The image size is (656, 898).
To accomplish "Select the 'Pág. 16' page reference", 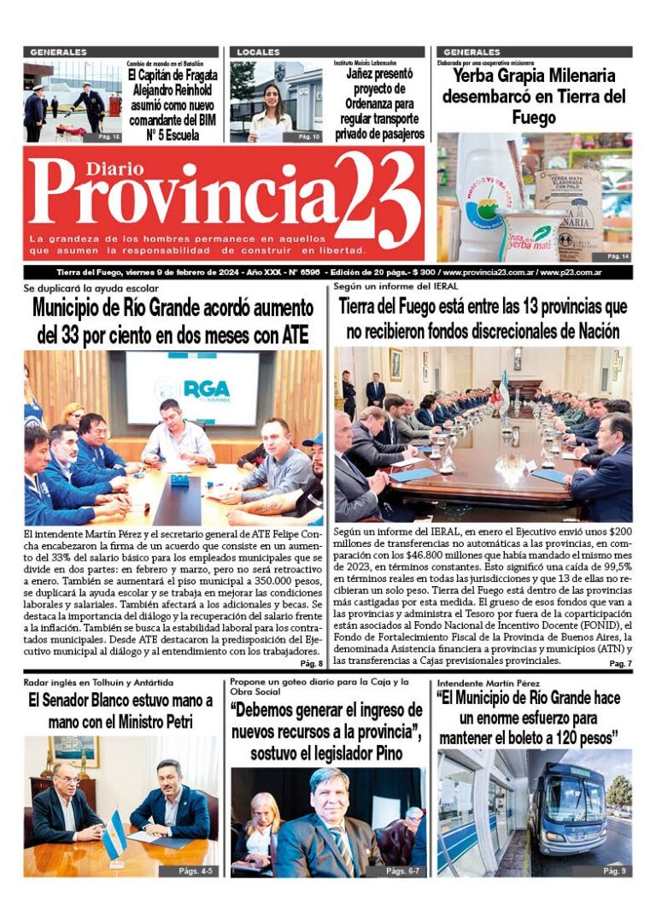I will [108, 137].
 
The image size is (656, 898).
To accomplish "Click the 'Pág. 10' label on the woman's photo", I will [309, 137].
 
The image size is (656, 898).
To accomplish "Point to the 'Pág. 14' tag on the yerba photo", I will [618, 256].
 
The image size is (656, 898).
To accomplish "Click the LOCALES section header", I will [258, 52].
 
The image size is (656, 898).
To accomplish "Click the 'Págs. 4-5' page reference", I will [196, 871].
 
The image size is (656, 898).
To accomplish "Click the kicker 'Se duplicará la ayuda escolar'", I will [91, 288].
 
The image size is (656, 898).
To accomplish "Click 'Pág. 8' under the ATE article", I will [311, 664].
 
